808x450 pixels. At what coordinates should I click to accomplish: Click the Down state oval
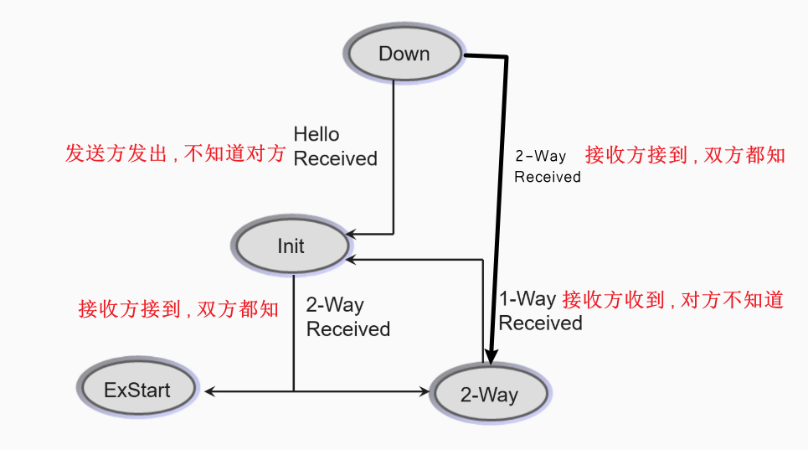404,54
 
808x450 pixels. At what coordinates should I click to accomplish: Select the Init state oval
291,246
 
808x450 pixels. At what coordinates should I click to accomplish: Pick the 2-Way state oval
488,394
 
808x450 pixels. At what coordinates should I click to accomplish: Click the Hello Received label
335,146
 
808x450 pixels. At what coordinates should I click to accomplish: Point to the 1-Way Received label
540,311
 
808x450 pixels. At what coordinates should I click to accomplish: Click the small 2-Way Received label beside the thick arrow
547,166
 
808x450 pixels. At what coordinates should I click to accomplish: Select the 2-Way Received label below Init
347,317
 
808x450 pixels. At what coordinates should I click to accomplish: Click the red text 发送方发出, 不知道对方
176,154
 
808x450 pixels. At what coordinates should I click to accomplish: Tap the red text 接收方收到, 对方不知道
673,299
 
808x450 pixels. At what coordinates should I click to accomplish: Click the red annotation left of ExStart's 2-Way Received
178,309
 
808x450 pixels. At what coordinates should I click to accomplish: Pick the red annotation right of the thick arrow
685,155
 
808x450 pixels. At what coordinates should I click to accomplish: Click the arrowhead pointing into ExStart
209,391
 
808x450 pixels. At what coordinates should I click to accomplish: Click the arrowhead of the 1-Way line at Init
352,260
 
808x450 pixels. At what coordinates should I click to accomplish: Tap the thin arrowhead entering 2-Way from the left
424,391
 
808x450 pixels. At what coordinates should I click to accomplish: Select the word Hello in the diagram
317,134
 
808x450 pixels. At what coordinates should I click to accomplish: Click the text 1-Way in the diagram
528,299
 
